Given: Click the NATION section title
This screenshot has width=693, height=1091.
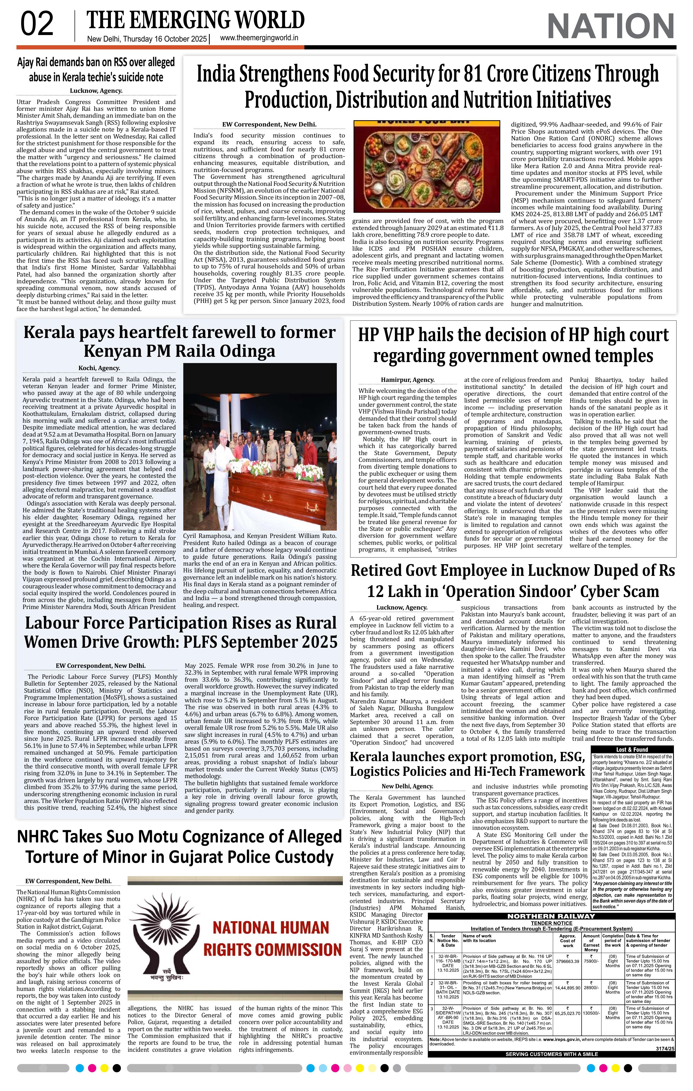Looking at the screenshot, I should coord(611,26).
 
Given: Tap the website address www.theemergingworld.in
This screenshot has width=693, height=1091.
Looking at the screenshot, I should coord(259,38).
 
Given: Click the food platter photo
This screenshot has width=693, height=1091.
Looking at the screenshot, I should coord(427,167).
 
